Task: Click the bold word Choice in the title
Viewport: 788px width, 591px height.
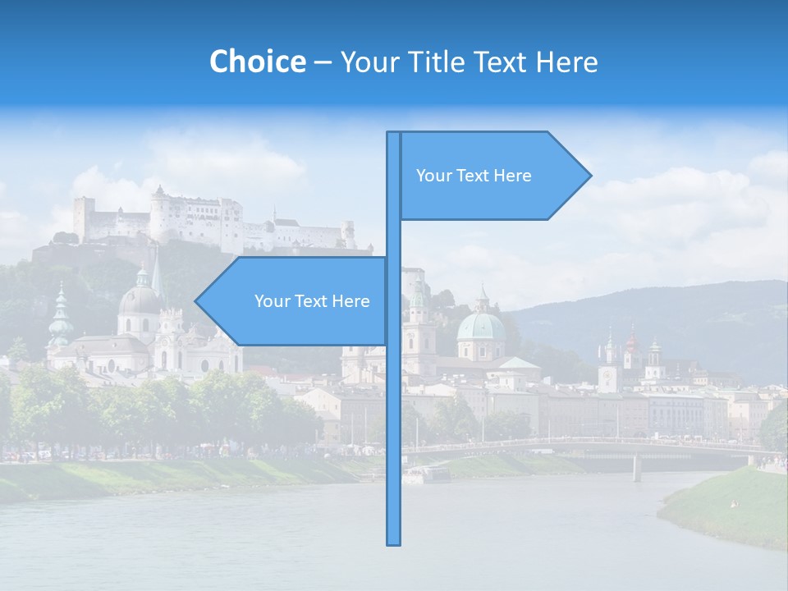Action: point(257,62)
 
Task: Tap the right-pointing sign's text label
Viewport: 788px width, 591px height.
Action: point(474,176)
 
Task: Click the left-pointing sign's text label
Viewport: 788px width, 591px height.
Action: point(312,301)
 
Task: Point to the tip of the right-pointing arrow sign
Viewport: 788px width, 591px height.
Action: point(589,175)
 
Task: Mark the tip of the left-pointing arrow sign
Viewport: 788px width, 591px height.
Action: point(196,301)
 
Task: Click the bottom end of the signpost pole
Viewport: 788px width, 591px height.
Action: point(394,542)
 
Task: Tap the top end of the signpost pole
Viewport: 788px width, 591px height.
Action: point(394,134)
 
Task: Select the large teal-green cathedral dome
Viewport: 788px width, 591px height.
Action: point(481,327)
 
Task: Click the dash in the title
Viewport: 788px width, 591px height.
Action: point(323,62)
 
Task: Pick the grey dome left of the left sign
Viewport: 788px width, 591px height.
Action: point(140,300)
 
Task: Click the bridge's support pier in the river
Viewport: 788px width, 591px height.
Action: point(637,468)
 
